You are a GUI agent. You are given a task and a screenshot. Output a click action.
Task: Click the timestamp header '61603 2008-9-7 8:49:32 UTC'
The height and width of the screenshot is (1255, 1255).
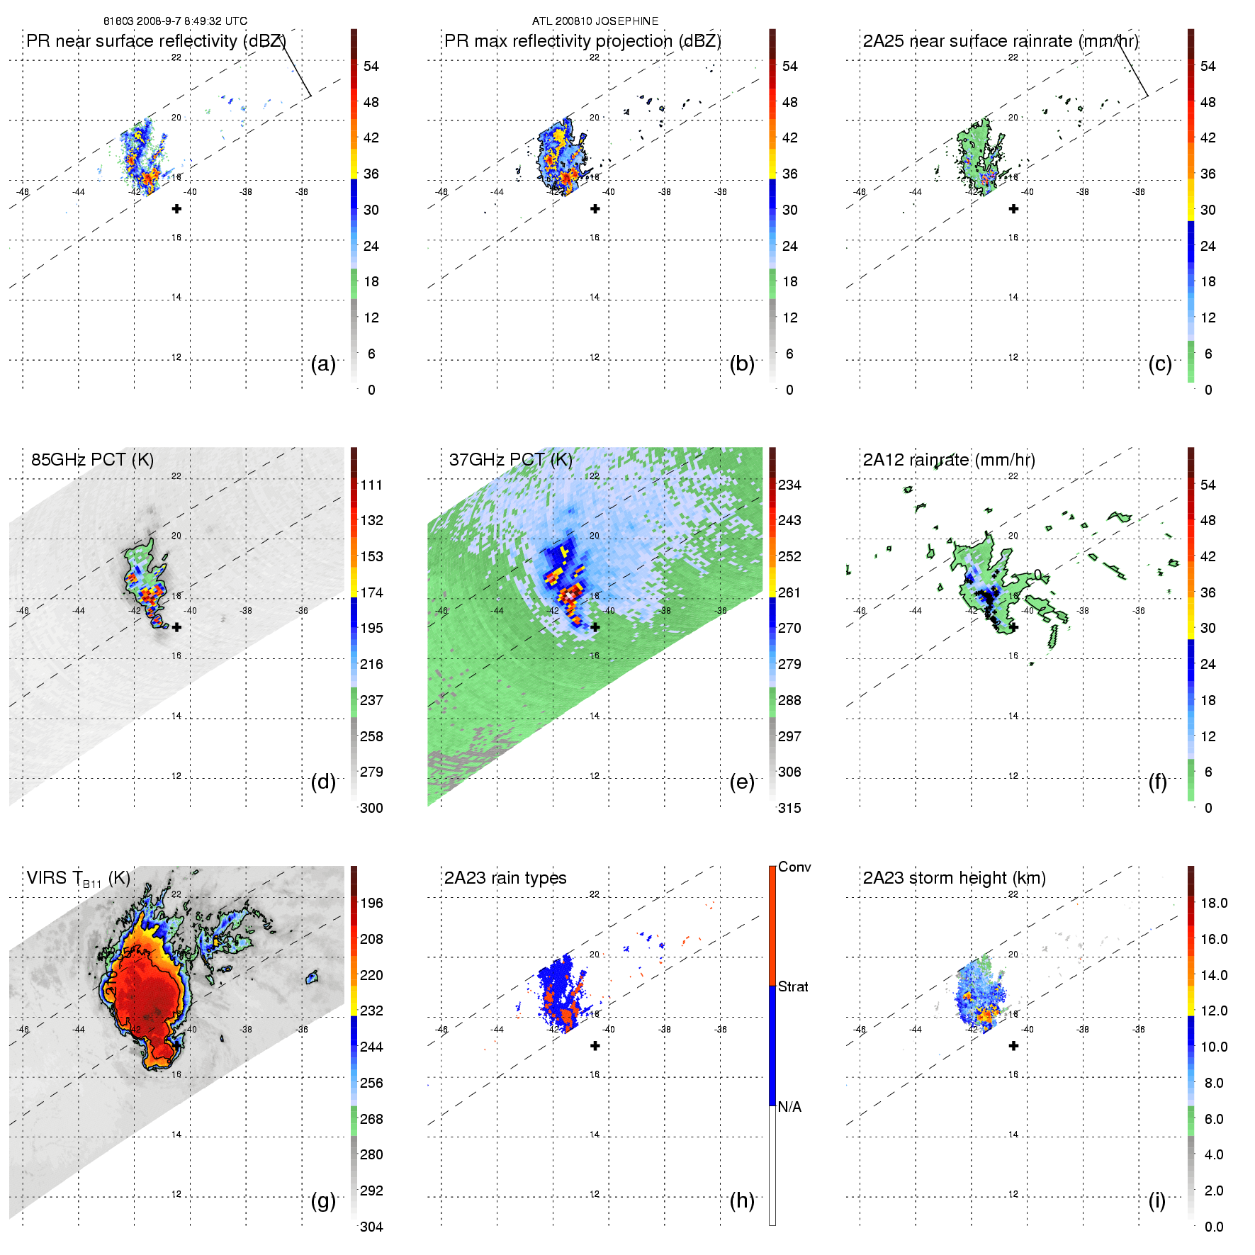175,21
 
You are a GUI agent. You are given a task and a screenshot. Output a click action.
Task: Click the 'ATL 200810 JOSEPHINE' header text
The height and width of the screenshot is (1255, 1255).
595,21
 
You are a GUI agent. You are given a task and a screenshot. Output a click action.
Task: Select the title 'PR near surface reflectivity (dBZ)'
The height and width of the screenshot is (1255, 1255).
156,41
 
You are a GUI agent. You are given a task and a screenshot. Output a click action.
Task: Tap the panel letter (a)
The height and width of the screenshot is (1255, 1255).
323,364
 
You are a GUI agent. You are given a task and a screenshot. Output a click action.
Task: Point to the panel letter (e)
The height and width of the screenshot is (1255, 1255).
742,782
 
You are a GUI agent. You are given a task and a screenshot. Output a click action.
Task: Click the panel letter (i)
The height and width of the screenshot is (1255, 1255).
1157,1200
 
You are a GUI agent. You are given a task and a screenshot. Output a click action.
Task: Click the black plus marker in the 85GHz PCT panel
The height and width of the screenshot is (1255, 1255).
176,627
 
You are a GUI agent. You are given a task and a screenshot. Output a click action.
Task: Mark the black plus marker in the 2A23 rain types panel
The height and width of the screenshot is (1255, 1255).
595,1045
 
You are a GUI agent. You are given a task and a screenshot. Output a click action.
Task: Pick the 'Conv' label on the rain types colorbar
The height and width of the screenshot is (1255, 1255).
794,867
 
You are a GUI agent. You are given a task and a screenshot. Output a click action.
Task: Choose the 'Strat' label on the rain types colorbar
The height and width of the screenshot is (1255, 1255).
793,986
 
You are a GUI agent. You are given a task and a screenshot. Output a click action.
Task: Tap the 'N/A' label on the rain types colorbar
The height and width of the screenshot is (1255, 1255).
789,1107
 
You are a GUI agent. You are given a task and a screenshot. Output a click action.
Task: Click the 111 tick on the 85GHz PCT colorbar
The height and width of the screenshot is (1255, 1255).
371,485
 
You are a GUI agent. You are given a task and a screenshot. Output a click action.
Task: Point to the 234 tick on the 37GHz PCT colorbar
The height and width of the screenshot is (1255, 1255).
789,485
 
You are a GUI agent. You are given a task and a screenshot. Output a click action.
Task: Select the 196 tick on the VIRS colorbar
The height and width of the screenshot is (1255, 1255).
371,903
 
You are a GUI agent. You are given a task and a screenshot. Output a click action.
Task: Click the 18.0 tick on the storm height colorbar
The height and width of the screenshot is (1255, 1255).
1213,903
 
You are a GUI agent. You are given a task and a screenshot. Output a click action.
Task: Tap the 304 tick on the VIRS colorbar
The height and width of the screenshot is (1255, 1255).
371,1227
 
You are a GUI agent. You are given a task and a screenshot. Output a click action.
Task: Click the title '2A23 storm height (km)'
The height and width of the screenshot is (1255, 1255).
954,878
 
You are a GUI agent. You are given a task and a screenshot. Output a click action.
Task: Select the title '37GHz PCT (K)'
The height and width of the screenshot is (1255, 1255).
510,460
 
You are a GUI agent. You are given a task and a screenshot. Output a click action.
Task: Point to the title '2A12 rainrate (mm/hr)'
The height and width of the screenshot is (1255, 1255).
949,460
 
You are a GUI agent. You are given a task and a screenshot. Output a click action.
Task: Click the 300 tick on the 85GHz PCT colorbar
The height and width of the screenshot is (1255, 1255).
371,808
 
